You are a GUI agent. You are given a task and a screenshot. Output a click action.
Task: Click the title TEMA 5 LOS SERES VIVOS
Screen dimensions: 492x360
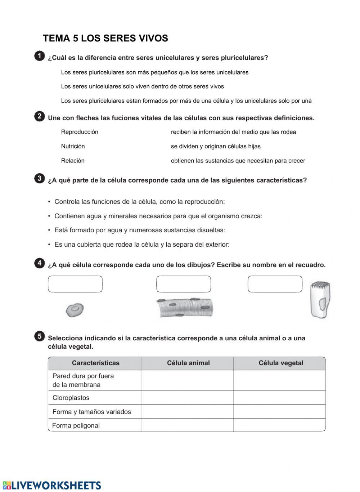click(105, 39)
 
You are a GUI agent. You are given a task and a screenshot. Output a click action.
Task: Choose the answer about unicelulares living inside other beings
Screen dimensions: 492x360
click(142, 86)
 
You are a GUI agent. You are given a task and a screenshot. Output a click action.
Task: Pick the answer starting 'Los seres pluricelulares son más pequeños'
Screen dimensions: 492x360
click(154, 72)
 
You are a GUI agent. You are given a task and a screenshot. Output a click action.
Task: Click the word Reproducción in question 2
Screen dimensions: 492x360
click(80, 132)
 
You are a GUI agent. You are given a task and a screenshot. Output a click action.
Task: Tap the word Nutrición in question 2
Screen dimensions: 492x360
click(73, 146)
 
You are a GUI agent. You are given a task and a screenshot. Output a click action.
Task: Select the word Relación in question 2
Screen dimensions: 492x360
click(73, 161)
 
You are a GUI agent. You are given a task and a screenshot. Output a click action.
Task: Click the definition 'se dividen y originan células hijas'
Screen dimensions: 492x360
click(216, 146)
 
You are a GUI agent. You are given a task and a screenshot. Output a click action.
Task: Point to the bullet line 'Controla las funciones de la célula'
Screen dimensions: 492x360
click(139, 202)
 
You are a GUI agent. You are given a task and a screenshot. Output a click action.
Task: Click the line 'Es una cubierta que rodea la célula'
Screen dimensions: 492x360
click(142, 245)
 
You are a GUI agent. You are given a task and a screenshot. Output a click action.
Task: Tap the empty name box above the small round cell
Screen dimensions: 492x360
click(75, 284)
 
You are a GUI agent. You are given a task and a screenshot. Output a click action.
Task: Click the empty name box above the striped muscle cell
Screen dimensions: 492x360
click(184, 284)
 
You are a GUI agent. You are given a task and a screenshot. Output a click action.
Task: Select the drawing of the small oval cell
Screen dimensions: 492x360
click(75, 309)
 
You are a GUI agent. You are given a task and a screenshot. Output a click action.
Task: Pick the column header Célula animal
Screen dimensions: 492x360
click(188, 363)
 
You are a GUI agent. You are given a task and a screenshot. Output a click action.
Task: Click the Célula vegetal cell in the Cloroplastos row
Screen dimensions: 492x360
click(280, 398)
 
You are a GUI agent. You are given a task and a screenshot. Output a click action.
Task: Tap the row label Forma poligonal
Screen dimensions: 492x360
click(76, 425)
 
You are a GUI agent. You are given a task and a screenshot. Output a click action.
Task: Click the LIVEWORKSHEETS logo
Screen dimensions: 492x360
click(52, 485)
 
